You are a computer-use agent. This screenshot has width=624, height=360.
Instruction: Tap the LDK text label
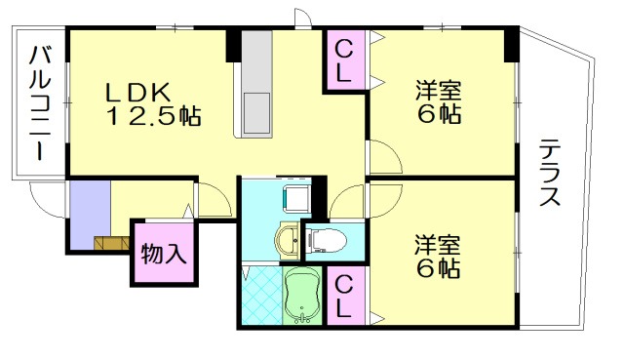pyautogui.click(x=139, y=93)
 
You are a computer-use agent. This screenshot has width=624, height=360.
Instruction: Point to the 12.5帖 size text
pyautogui.click(x=153, y=118)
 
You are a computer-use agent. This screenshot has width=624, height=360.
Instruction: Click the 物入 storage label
pyautogui.click(x=163, y=256)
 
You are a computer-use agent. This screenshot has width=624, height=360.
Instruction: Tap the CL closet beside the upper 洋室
pyautogui.click(x=344, y=60)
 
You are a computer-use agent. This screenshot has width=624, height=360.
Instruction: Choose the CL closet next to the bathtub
pyautogui.click(x=344, y=297)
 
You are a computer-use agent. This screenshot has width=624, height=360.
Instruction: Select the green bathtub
pyautogui.click(x=302, y=296)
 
